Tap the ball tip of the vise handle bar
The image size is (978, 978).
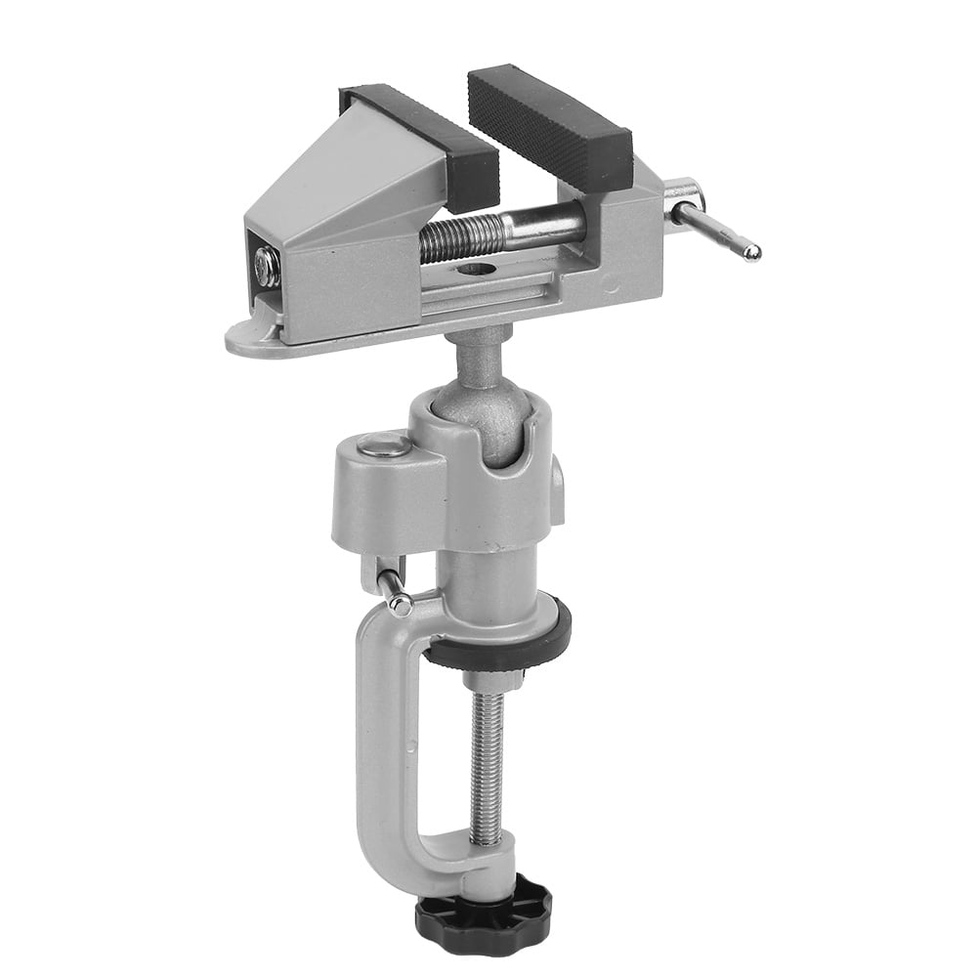(750, 253)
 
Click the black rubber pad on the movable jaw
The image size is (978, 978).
(549, 128)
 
